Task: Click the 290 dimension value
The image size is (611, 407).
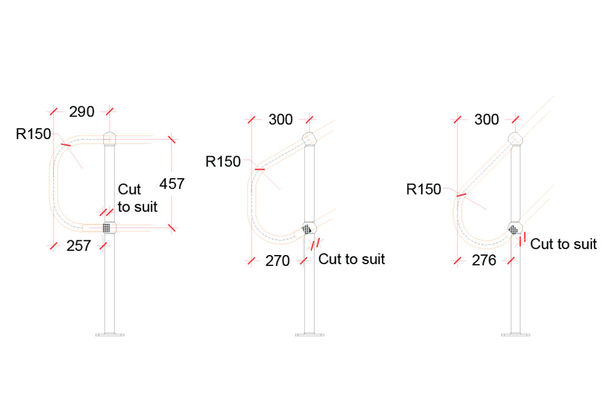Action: [x=81, y=112]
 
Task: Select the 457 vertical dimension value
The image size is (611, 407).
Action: [x=172, y=183]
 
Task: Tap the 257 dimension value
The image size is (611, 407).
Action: [x=78, y=246]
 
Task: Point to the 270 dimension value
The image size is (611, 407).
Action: [x=277, y=261]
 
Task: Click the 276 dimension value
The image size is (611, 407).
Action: [x=485, y=261]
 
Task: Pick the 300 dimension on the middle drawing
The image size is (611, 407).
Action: [x=281, y=120]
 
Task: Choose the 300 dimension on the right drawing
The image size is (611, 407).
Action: [x=486, y=120]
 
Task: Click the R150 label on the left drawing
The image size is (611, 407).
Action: [x=34, y=134]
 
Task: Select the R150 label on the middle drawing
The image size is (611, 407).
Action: [x=223, y=162]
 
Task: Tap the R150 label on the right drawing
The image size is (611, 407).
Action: [x=423, y=190]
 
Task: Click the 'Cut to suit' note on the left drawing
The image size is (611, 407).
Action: [x=137, y=198]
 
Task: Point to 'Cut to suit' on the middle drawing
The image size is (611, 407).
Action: [x=352, y=259]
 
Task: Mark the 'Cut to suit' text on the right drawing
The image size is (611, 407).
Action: [x=563, y=244]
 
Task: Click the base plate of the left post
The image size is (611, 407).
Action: [x=109, y=334]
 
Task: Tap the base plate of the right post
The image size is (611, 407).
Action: [x=515, y=334]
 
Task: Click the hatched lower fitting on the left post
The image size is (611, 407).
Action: [x=108, y=228]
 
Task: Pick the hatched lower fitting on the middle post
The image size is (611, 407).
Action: [x=307, y=229]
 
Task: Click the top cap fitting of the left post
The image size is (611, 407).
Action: [x=109, y=139]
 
